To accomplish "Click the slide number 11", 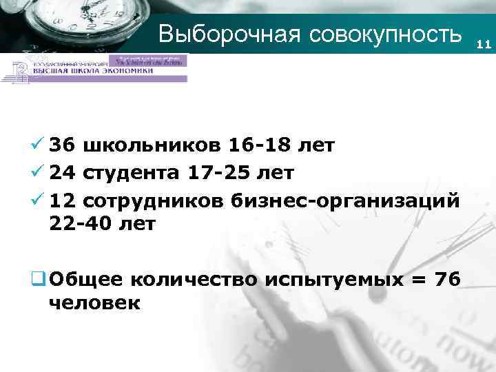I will pyautogui.click(x=482, y=45).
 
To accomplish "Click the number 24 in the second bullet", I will pyautogui.click(x=63, y=172).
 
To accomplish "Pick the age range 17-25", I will pyautogui.click(x=218, y=172).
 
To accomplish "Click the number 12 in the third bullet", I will pyautogui.click(x=63, y=198).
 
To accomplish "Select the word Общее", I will pyautogui.click(x=85, y=278).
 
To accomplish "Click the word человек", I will pyautogui.click(x=94, y=302).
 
